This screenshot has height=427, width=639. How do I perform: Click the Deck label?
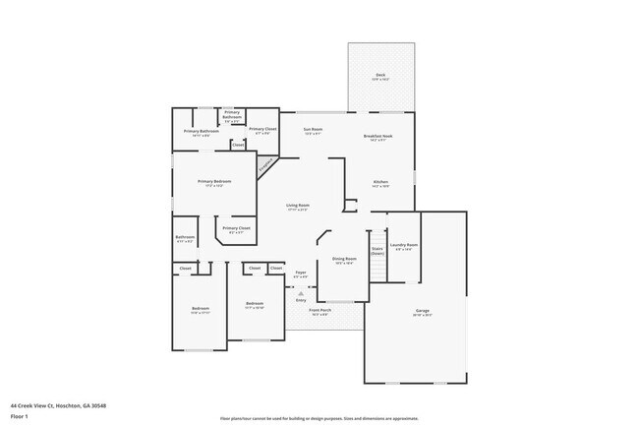[x=379, y=76]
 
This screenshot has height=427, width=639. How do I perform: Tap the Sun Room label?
[x=313, y=129]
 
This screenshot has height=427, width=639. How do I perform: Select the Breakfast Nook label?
[x=378, y=136]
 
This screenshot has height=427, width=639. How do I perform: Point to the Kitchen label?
[x=380, y=182]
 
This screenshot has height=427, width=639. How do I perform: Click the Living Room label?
[x=298, y=205]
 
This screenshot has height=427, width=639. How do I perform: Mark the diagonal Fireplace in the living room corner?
[x=265, y=164]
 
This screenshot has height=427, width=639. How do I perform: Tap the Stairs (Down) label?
[x=378, y=251]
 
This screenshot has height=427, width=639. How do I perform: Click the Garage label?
[x=422, y=311]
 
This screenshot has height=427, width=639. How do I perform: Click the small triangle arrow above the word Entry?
[x=301, y=293]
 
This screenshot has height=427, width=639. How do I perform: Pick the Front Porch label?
[x=319, y=311]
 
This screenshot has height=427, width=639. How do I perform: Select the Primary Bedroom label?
[x=214, y=182]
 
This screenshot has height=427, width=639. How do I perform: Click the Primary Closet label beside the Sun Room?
[x=261, y=129]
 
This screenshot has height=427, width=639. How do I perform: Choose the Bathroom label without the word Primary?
[x=185, y=237]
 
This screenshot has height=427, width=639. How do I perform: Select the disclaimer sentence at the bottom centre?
[x=319, y=417]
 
